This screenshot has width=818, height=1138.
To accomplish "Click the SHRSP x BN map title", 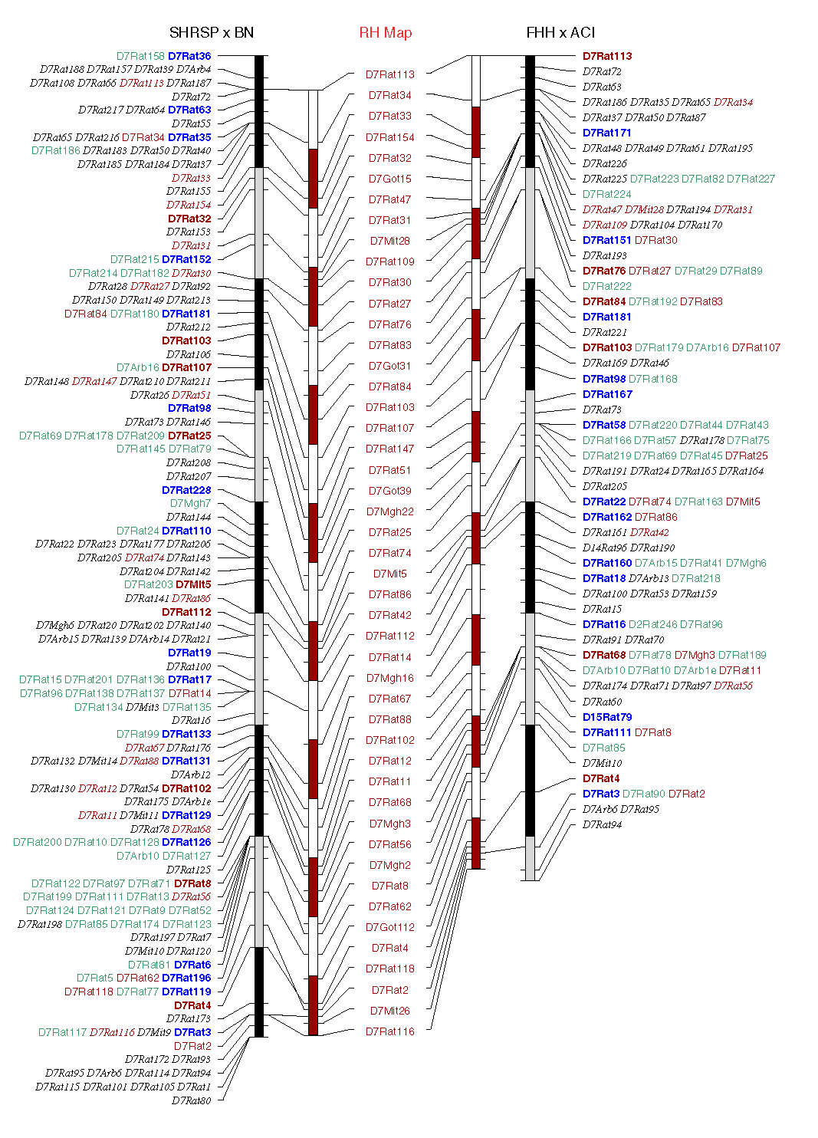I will (x=211, y=32).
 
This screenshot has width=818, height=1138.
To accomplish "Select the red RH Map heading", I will (x=385, y=32).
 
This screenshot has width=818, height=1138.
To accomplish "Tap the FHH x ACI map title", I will (x=560, y=32).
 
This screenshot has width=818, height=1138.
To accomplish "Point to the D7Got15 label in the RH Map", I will (x=389, y=179).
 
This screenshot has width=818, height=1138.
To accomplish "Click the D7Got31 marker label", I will (x=389, y=366).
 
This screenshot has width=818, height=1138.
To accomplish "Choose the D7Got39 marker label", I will (x=389, y=491).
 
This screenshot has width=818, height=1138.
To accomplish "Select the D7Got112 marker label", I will (x=389, y=927).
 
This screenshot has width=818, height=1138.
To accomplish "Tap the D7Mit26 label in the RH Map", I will (x=389, y=1011).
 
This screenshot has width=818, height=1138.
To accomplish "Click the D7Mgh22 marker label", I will (x=389, y=511).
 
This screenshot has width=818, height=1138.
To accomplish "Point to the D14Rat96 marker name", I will (x=606, y=548).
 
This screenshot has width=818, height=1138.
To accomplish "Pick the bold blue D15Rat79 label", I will (x=607, y=717).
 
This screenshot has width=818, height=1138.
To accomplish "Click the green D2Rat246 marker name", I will (x=652, y=624).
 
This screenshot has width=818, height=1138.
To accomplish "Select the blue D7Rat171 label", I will (x=606, y=133).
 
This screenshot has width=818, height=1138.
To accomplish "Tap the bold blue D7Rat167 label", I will (x=607, y=394).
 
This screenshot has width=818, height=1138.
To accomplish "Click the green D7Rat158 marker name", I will (x=140, y=56).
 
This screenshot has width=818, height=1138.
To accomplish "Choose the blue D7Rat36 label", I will (x=189, y=56).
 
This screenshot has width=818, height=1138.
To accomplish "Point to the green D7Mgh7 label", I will (x=190, y=503).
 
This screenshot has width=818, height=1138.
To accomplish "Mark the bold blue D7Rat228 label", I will (x=186, y=490).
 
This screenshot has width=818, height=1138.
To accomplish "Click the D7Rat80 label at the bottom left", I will (x=191, y=1100).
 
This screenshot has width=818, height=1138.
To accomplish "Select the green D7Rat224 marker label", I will (x=606, y=194).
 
